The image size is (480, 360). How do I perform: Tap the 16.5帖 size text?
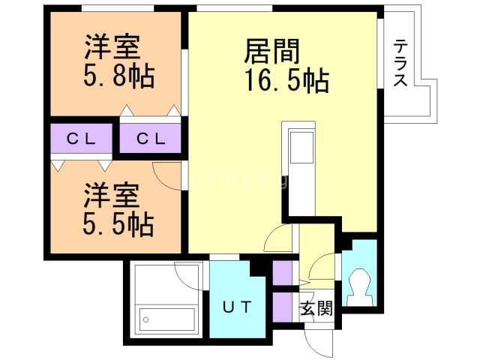(x=284, y=79)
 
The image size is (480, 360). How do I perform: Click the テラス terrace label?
(x=400, y=64)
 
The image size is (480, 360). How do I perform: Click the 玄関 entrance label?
(x=315, y=308)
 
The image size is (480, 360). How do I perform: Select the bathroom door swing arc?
(x=187, y=276)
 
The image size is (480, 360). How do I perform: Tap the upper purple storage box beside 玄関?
(x=282, y=272)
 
